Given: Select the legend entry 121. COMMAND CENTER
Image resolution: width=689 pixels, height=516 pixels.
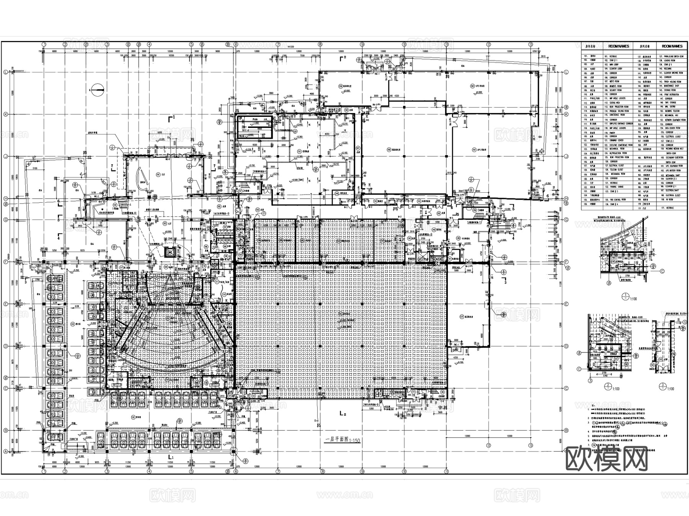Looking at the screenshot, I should pos(616,141).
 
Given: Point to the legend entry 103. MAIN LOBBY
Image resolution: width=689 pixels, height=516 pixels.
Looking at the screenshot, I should pos(616,65).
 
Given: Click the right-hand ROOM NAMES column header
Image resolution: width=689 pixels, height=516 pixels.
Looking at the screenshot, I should pos(672,46).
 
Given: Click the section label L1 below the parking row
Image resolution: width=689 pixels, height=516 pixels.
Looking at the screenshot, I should pos(171,457).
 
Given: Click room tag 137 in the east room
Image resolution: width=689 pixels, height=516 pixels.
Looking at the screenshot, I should pos(462,316).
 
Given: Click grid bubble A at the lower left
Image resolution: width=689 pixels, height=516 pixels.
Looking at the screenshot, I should pos(5,452).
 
